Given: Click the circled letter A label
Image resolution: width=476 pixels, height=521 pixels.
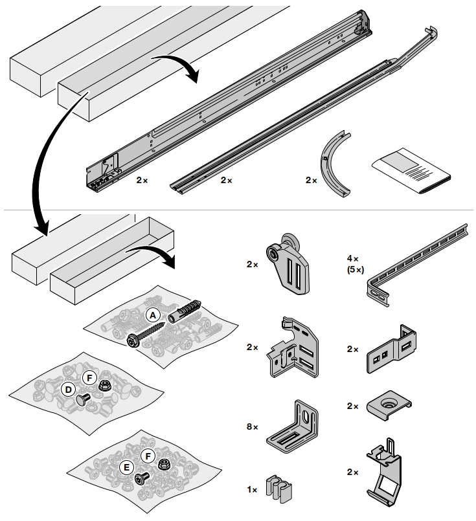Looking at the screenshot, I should click(153, 315).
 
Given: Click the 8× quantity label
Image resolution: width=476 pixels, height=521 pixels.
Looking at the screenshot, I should click(252, 427).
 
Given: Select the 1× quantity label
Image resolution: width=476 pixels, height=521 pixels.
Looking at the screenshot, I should click(252, 491).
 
